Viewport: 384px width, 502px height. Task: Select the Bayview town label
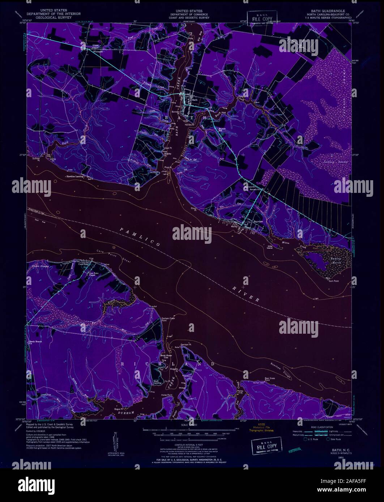[x=257, y=221]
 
